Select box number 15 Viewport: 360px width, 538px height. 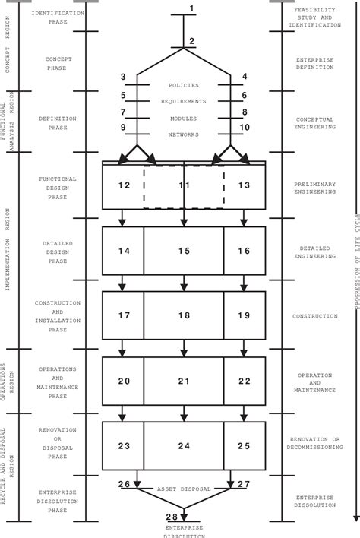point(183,249)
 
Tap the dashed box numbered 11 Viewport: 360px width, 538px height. point(183,185)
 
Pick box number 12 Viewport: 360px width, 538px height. point(122,185)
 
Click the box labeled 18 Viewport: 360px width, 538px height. point(183,314)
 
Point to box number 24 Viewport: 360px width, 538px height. point(183,445)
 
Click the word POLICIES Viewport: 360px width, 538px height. point(183,87)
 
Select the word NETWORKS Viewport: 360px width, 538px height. point(183,134)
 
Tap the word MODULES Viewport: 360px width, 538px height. point(183,118)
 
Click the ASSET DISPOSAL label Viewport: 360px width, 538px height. point(183,489)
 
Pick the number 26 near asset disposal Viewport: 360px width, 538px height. point(125,484)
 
